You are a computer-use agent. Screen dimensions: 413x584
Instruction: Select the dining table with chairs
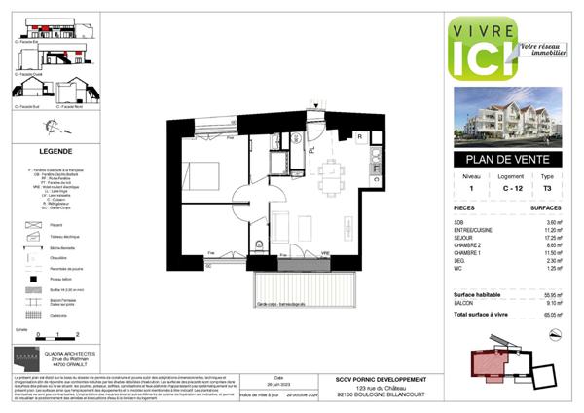click(x=334, y=176)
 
